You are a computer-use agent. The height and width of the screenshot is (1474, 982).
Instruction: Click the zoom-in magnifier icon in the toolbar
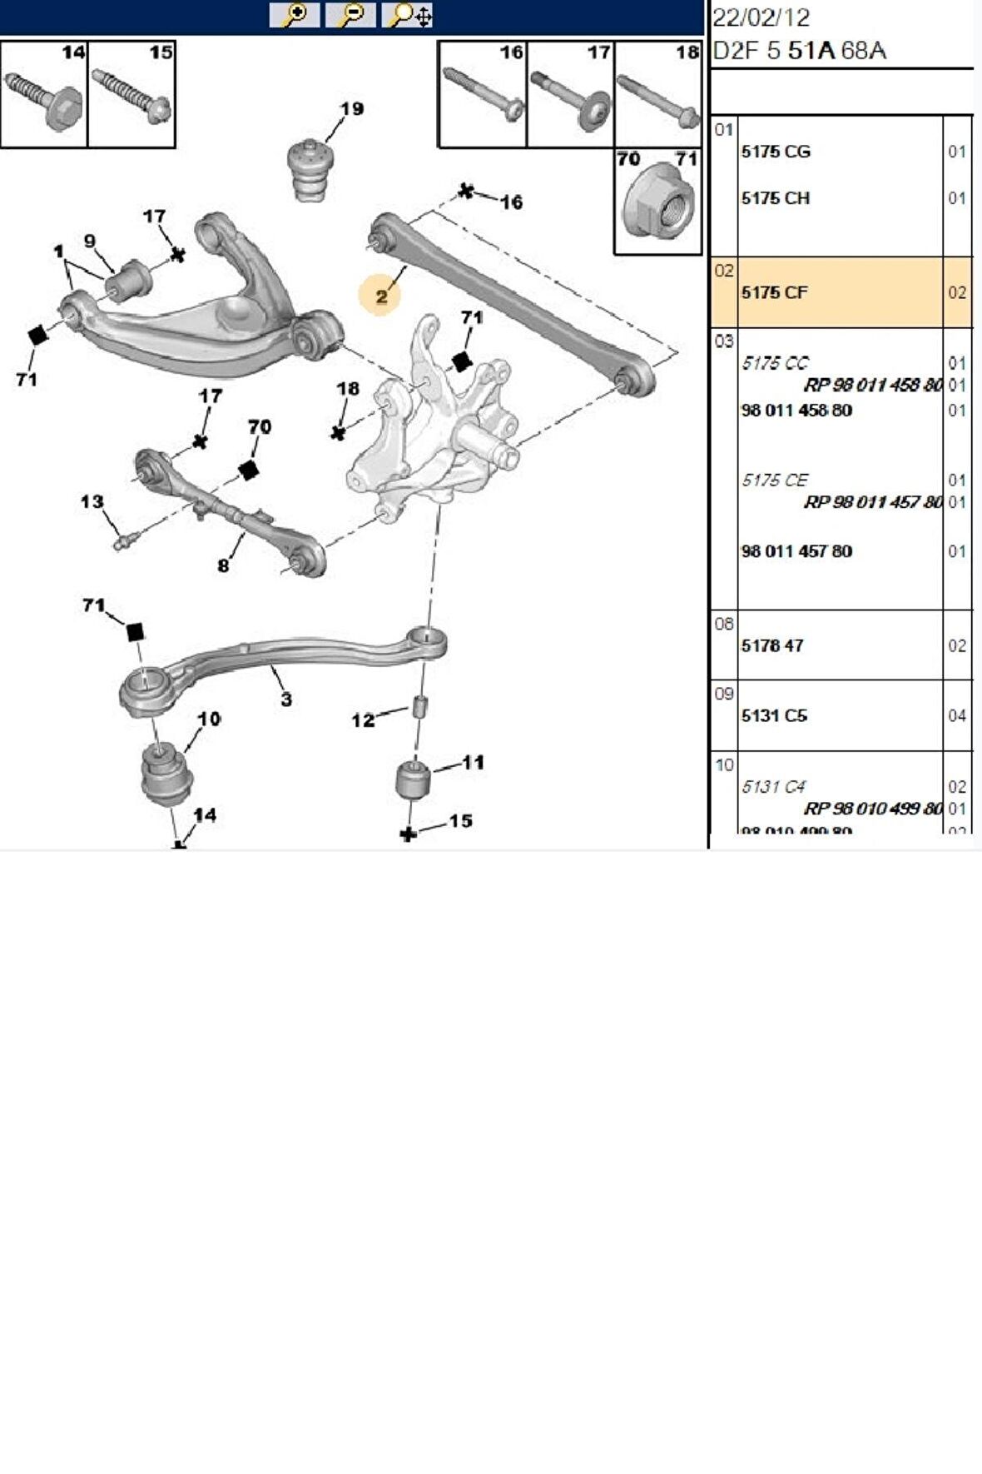(x=294, y=15)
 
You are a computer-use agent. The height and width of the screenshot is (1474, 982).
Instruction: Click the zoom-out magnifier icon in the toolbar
(x=350, y=15)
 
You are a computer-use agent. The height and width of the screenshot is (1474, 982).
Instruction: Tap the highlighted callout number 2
(x=381, y=296)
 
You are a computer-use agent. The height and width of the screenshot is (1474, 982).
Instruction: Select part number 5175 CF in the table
(x=774, y=292)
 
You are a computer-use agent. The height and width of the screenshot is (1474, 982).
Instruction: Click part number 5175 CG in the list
(x=776, y=152)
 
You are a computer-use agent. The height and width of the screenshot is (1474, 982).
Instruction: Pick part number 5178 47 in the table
(x=772, y=645)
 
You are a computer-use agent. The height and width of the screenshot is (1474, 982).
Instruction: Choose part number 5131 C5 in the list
(x=774, y=715)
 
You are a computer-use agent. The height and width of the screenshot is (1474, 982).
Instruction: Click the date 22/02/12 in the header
(x=761, y=18)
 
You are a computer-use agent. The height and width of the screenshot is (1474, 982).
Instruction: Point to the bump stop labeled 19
(x=309, y=169)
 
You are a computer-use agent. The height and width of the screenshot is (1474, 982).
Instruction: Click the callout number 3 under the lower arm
(x=286, y=699)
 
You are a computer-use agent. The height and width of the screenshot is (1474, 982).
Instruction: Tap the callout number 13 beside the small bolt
(x=92, y=502)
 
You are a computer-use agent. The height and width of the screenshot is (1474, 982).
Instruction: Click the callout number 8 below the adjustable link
(x=223, y=565)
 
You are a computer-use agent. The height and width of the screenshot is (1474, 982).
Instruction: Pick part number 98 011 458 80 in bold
(x=796, y=411)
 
